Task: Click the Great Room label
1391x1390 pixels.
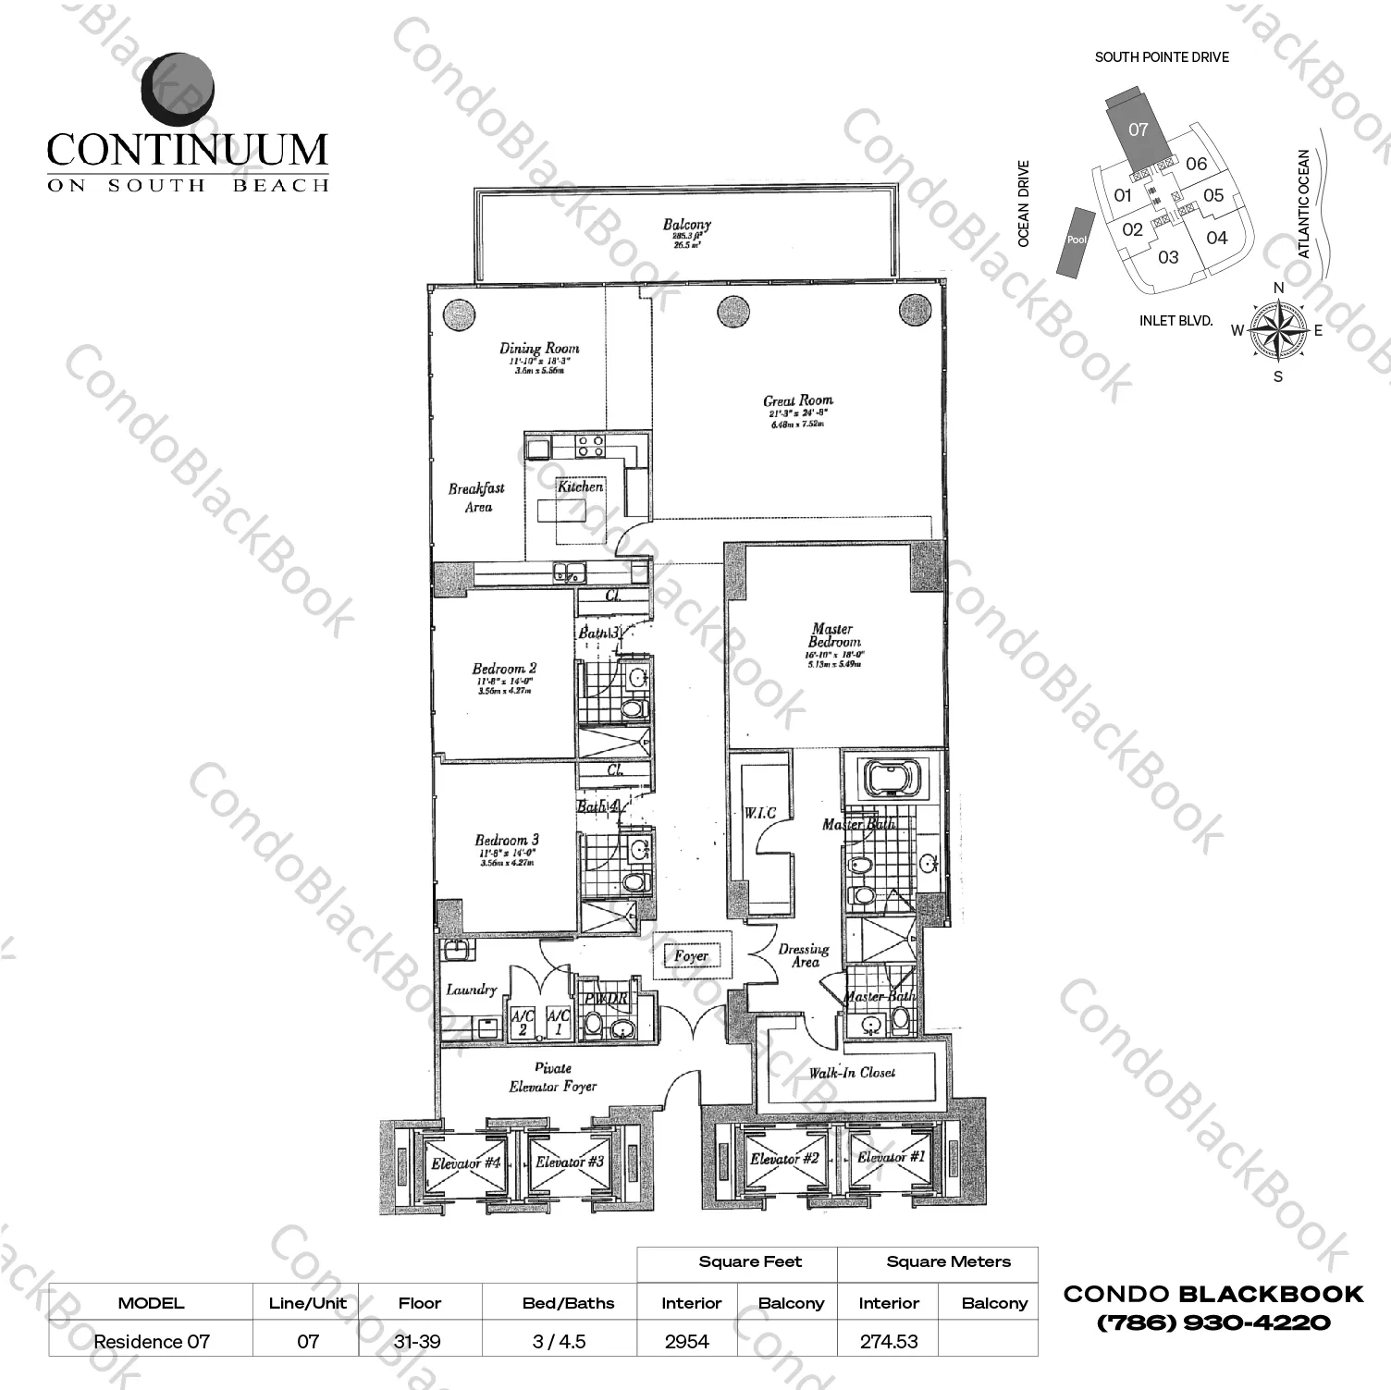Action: point(797,400)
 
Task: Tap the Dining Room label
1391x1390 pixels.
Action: point(539,349)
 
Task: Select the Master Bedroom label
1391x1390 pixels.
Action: point(832,635)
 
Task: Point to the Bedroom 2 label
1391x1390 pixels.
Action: point(504,669)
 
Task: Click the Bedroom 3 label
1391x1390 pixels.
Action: point(507,840)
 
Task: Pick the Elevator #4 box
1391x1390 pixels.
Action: point(465,1162)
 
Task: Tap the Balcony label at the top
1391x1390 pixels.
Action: point(686,224)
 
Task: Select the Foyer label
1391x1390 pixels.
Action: point(692,956)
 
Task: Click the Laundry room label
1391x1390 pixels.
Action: point(472,990)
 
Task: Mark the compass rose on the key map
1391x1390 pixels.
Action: point(1278,330)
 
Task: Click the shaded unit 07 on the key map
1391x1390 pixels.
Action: point(1138,129)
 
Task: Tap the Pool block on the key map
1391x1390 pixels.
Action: point(1077,240)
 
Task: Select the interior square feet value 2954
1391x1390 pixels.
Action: point(686,1341)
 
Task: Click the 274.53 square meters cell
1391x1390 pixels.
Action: point(888,1341)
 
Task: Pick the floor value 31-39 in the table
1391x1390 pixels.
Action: point(419,1341)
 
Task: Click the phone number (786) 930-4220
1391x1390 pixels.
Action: point(1213,1322)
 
